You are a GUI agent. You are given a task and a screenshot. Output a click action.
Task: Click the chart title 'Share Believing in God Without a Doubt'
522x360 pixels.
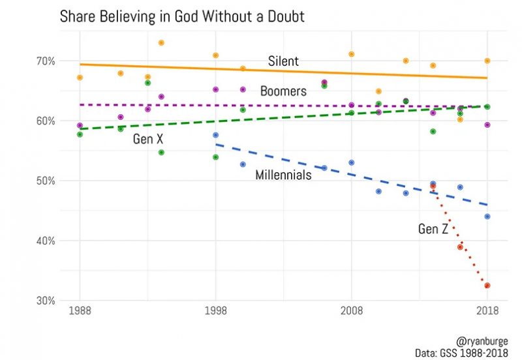(182, 16)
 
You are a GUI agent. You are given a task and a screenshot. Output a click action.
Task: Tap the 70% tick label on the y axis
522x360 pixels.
(46, 61)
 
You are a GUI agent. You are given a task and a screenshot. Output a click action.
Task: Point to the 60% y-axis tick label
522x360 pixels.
(46, 121)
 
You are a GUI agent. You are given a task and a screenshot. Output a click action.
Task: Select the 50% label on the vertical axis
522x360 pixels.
(46, 181)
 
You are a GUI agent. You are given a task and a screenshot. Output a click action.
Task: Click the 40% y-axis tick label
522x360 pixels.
(46, 241)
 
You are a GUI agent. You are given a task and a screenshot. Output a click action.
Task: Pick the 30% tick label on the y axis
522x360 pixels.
(46, 301)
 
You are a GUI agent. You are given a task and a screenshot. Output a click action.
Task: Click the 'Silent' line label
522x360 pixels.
(283, 61)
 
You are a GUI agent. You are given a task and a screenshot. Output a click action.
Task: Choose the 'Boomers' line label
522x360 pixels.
(283, 91)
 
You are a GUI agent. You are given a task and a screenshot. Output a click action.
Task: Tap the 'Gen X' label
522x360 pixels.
(147, 139)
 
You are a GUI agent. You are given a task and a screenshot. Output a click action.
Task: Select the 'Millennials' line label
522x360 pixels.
(283, 175)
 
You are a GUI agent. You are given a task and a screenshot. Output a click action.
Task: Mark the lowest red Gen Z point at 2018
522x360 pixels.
(487, 286)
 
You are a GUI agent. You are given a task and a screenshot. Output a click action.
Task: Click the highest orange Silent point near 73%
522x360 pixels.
(161, 43)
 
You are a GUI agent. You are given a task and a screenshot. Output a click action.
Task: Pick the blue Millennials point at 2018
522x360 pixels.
(487, 217)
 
